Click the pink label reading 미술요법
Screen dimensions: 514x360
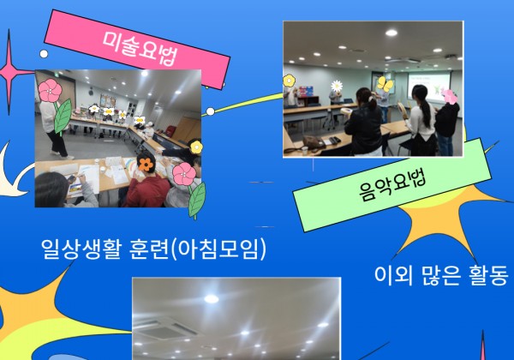point(137,49)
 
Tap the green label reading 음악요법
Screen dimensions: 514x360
point(392,185)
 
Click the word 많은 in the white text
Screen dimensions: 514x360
point(439,275)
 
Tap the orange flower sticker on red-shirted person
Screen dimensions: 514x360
point(146,165)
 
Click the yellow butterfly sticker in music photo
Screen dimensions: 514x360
point(385,84)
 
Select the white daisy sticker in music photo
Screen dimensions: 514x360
point(337,86)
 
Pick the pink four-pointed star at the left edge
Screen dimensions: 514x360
point(9,71)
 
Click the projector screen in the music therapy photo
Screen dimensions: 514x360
point(429,86)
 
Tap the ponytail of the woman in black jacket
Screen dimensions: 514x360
point(372,102)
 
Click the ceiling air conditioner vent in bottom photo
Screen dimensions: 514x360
point(166,328)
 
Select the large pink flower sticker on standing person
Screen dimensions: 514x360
point(51,90)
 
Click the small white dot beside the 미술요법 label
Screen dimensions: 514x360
point(44,54)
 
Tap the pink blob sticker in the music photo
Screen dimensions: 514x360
point(450,96)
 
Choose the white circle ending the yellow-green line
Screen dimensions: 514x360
point(211,111)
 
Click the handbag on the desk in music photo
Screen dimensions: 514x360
point(313,143)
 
